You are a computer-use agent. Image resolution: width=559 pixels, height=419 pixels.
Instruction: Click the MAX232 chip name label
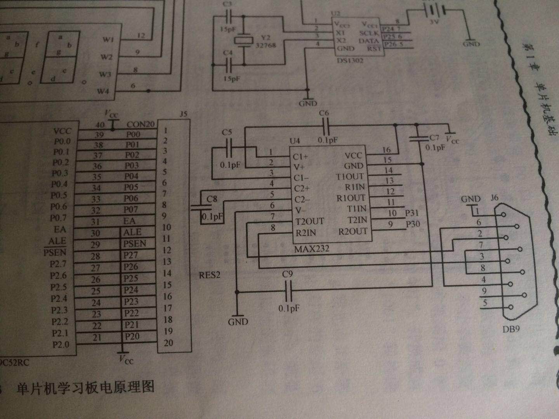click(311, 249)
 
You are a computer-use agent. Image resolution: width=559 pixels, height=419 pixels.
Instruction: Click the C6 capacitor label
click(324, 113)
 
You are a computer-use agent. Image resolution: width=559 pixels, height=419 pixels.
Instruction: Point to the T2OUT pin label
click(310, 221)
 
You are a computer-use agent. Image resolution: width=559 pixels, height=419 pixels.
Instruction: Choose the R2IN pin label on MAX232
click(306, 233)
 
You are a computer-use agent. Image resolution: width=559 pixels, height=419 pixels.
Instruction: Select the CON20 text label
click(141, 125)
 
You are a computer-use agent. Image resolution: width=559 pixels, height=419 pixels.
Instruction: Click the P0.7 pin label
click(59, 218)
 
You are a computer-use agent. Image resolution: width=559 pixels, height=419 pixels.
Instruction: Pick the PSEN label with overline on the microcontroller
click(55, 253)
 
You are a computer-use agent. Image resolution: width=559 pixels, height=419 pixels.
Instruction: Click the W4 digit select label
click(103, 92)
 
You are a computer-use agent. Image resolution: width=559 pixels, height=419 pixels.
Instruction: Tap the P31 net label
click(412, 213)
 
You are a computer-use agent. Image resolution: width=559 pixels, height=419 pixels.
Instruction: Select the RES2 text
click(210, 275)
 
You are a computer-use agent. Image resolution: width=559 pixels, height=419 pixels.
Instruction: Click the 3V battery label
click(434, 23)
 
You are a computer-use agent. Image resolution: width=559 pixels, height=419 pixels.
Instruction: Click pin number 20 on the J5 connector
click(168, 343)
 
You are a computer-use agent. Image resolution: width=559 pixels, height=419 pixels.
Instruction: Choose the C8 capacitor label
click(212, 199)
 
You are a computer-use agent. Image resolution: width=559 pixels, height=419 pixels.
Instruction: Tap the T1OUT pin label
click(350, 176)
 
